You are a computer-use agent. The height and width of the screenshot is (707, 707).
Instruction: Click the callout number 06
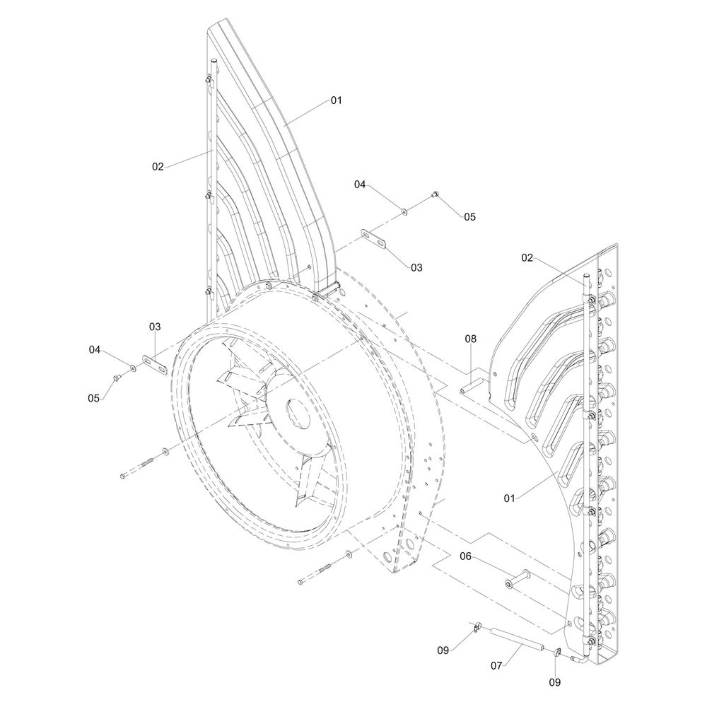coord(465,556)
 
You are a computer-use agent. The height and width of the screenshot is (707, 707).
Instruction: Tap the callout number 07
coord(496,665)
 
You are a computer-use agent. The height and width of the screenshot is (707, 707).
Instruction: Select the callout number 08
coord(470,339)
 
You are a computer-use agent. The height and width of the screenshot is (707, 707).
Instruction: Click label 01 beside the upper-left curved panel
coord(337,100)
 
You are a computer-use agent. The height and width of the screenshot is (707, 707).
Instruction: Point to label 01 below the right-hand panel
coord(509,498)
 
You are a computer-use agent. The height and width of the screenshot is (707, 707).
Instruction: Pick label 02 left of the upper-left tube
coord(158,167)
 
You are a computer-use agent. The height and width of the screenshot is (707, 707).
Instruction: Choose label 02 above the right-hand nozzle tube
coord(527,258)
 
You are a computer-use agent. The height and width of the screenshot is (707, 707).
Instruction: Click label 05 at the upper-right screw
coord(470,217)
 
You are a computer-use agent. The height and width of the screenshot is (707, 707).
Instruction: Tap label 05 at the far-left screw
coord(94,398)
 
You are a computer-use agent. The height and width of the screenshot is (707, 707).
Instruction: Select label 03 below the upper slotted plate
coord(416,268)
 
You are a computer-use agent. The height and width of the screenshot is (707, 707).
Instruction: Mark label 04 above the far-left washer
coord(94,349)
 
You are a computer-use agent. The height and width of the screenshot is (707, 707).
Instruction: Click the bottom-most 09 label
coord(555,683)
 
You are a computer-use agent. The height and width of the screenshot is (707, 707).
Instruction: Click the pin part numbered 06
coord(518,580)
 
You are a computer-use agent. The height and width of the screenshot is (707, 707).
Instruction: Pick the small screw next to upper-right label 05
coord(435,195)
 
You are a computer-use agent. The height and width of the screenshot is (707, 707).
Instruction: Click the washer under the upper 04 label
coord(404,211)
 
